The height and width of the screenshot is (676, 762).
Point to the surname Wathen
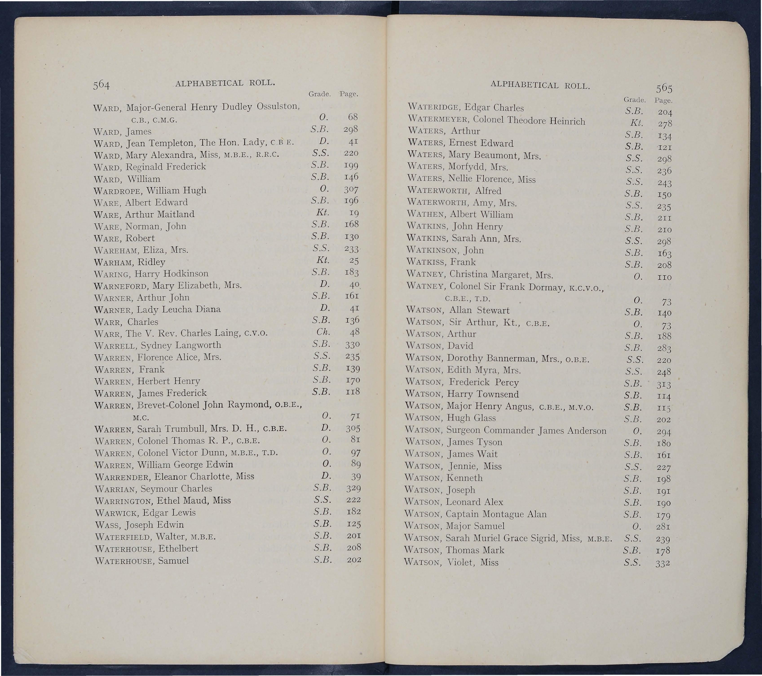[x=426, y=215]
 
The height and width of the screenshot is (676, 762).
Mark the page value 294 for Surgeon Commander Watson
[x=664, y=432]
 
